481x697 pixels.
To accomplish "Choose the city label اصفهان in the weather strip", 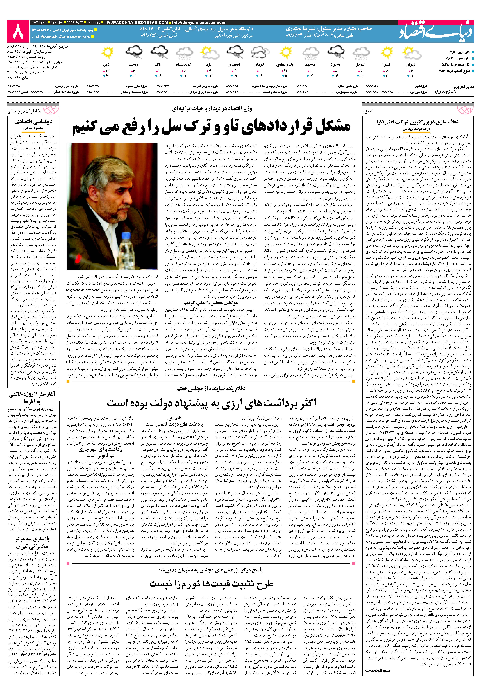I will coord(234,64).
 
